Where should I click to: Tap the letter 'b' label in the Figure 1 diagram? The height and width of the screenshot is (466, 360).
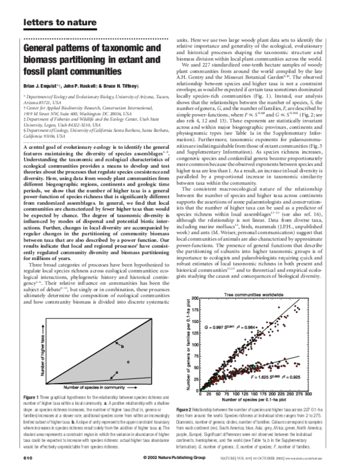pyautogui.click(x=124, y=346)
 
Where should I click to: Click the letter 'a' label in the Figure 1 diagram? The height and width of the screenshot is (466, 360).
pyautogui.click(x=125, y=373)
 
